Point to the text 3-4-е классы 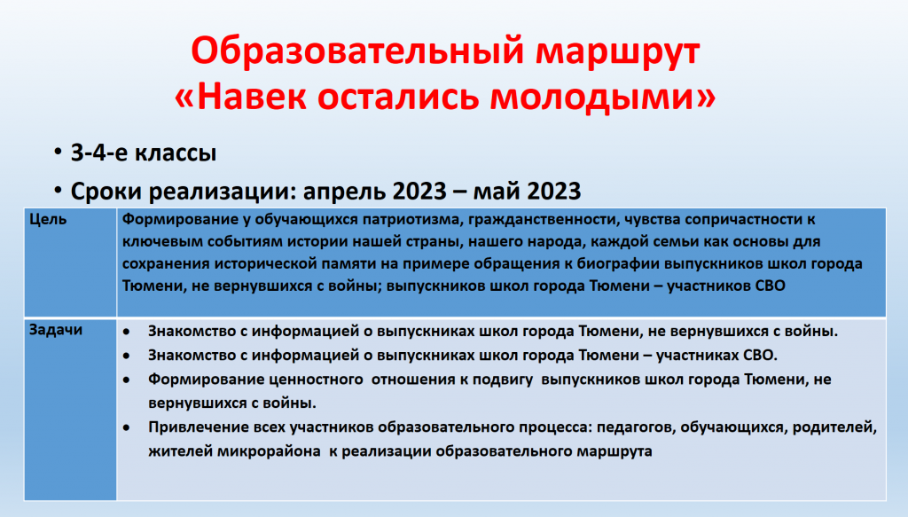click(x=144, y=153)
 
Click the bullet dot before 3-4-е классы click(x=58, y=153)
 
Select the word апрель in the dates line click(x=346, y=192)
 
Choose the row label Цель click(x=48, y=219)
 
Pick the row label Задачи click(x=56, y=330)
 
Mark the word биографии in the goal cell click(x=623, y=263)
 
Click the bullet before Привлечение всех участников click(x=127, y=427)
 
